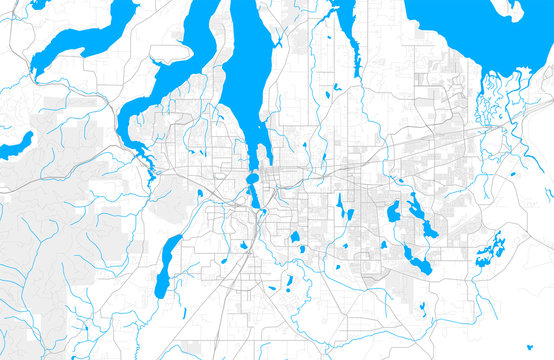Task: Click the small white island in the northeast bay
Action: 511,10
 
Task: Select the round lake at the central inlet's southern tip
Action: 252,180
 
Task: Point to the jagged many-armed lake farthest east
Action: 489,249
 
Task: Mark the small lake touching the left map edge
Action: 12,148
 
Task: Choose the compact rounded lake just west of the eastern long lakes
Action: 394,211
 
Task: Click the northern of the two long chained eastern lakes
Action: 416,211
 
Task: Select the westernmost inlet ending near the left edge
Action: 80,40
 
